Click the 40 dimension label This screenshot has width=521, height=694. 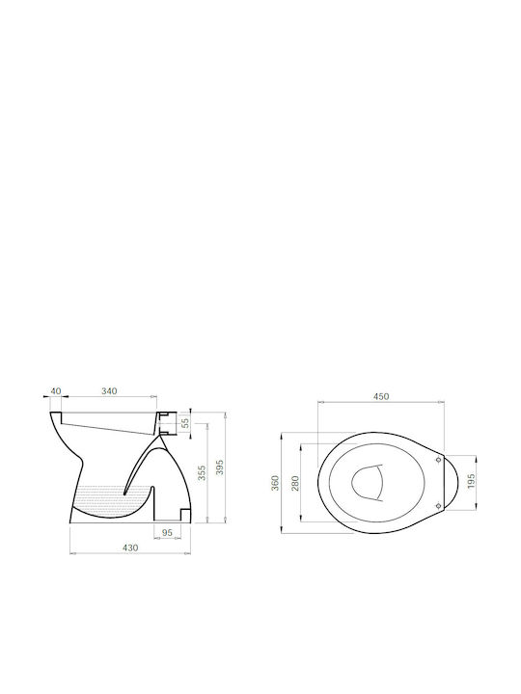[56, 390]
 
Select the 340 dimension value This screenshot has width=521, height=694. [109, 390]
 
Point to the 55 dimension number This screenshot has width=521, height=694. [185, 423]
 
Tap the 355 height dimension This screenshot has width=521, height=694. [202, 472]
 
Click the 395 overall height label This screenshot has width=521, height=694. [220, 467]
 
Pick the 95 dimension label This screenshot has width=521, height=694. [167, 533]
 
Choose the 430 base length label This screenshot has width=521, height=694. [130, 547]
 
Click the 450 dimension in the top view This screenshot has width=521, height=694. [380, 396]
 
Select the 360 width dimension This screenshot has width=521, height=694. [275, 483]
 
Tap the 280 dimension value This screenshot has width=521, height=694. [295, 483]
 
